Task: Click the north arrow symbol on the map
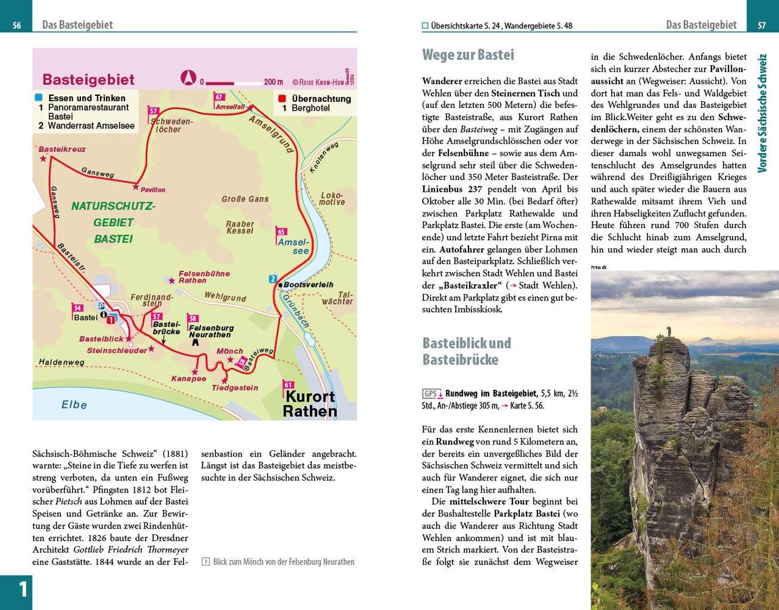click(x=188, y=78)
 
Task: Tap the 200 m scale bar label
click(x=273, y=82)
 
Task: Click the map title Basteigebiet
click(x=88, y=80)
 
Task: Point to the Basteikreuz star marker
click(x=44, y=159)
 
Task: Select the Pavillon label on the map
click(x=153, y=190)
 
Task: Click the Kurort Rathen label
click(x=309, y=404)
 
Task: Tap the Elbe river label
click(x=74, y=405)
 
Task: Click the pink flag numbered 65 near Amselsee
click(x=281, y=232)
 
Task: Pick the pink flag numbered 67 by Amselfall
click(x=219, y=97)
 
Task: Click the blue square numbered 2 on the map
click(x=273, y=279)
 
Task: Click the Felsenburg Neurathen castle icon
click(x=196, y=342)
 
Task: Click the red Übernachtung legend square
click(x=282, y=98)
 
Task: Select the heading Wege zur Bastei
click(x=468, y=55)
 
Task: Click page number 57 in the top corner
click(x=761, y=26)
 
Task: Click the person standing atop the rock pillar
click(x=669, y=331)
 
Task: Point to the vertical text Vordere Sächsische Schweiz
click(x=763, y=113)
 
